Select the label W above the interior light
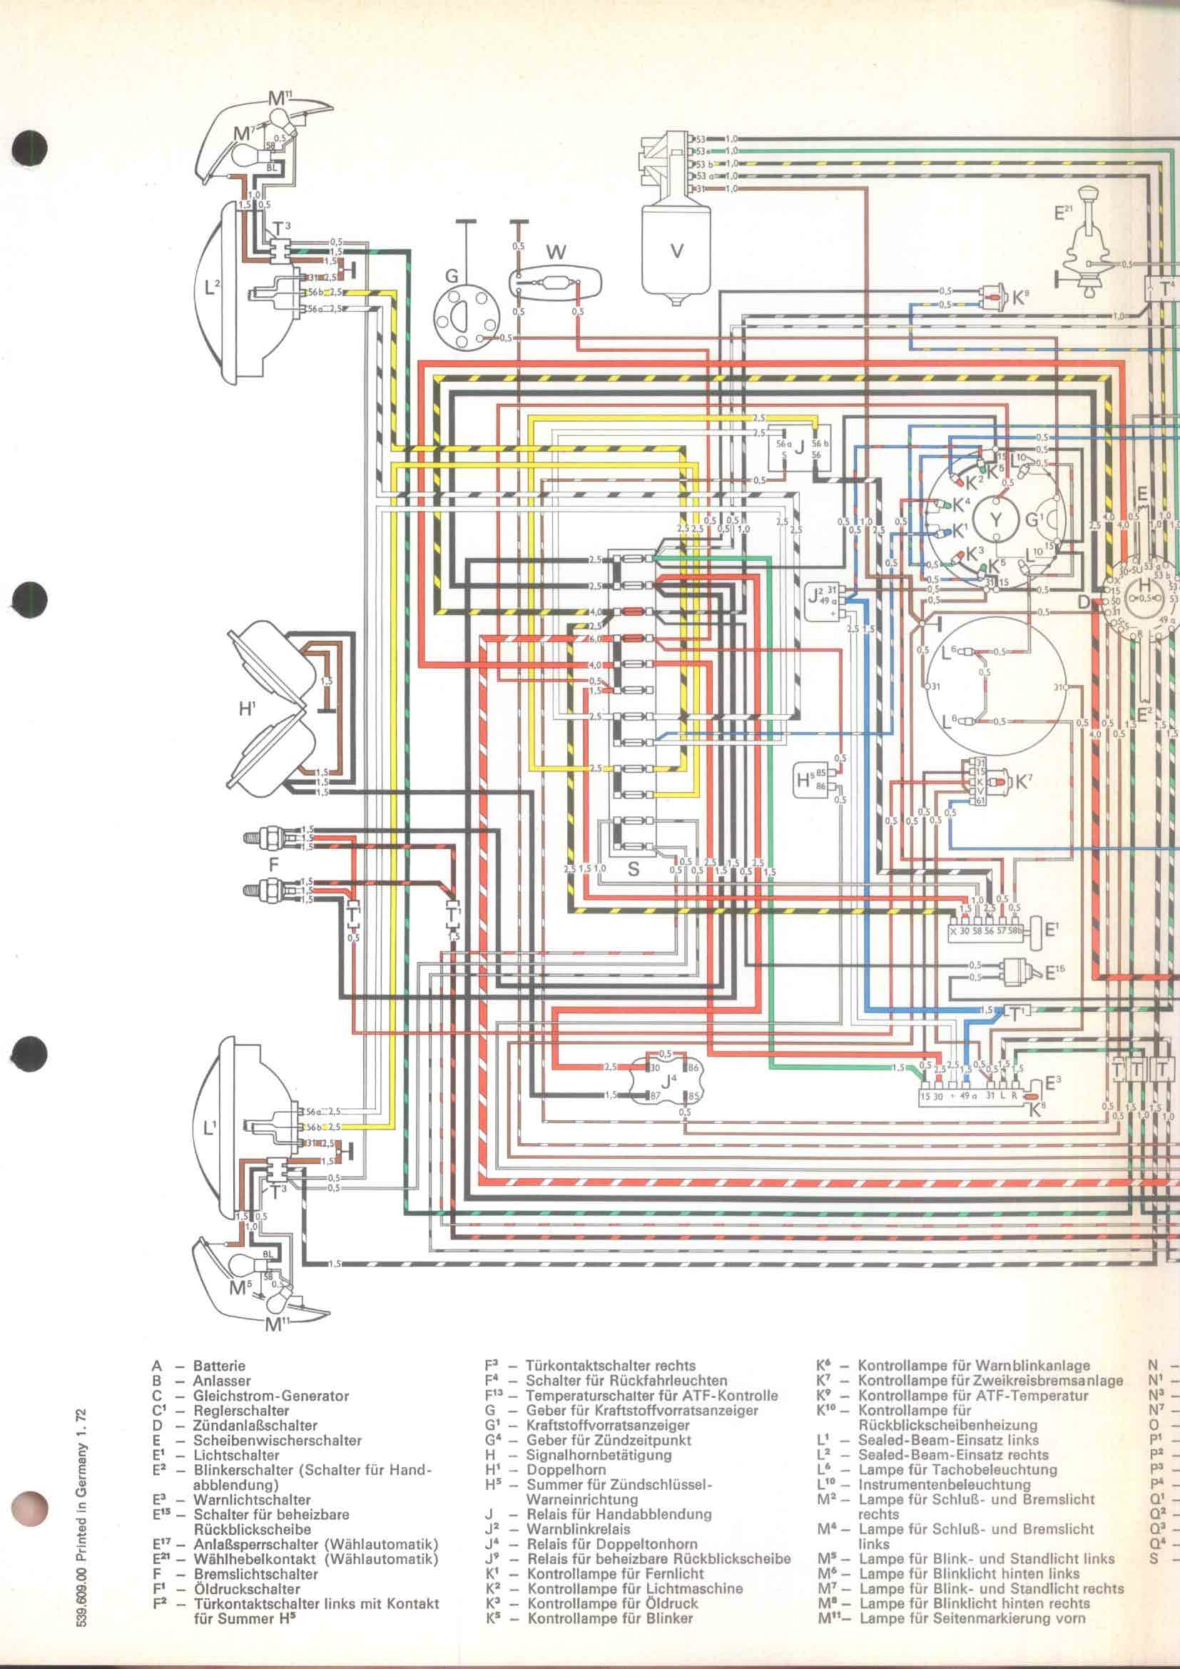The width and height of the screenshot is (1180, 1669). click(556, 252)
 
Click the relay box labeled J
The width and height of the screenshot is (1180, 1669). click(798, 450)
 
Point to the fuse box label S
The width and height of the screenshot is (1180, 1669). click(633, 868)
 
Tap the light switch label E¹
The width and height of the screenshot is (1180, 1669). click(1053, 928)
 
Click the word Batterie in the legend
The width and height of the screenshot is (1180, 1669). click(219, 1366)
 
